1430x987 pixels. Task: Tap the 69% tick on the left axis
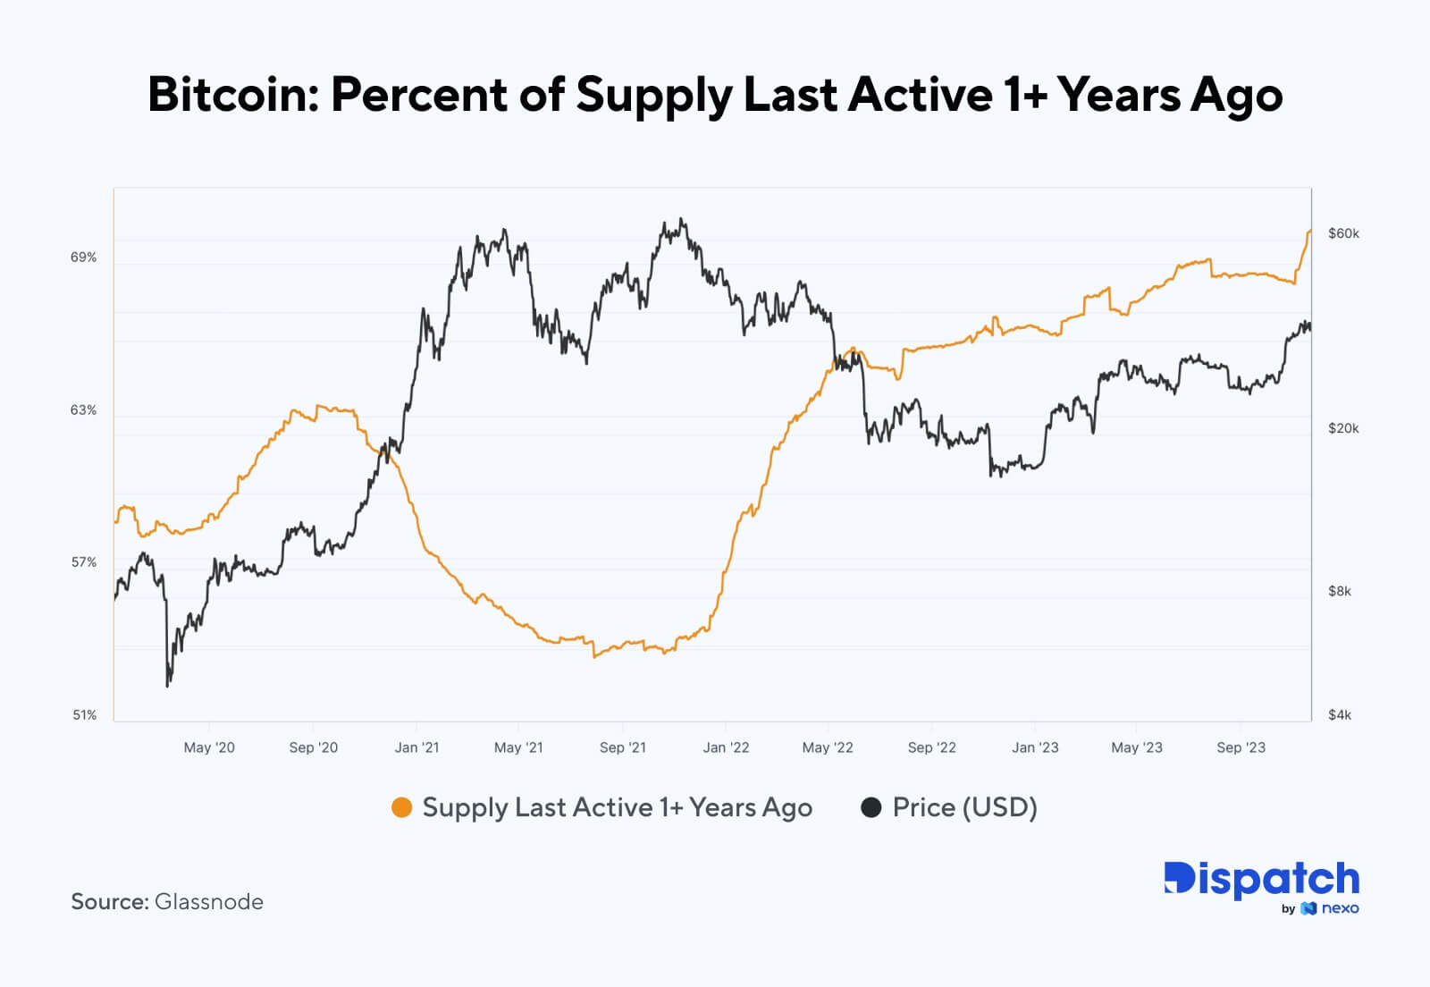tap(83, 257)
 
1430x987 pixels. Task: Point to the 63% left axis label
tap(83, 410)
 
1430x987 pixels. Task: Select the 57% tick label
tap(83, 562)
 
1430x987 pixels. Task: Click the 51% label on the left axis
tap(83, 715)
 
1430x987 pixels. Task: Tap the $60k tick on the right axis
tap(1343, 233)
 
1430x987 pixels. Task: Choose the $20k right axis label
tap(1343, 428)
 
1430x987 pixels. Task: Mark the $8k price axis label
tap(1340, 591)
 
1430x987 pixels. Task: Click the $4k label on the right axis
tap(1340, 715)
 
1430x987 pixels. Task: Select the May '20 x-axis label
tap(209, 747)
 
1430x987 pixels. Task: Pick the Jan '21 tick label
tap(416, 747)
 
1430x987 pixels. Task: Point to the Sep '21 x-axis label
tap(622, 747)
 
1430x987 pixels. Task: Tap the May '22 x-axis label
tap(828, 747)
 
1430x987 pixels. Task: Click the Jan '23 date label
tap(1035, 747)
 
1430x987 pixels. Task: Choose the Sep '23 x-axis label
tap(1241, 747)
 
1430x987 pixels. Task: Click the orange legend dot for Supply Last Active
tap(402, 808)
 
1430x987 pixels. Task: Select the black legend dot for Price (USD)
tap(871, 808)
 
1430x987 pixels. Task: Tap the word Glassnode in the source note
tap(209, 902)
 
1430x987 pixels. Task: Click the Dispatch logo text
tap(1261, 880)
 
